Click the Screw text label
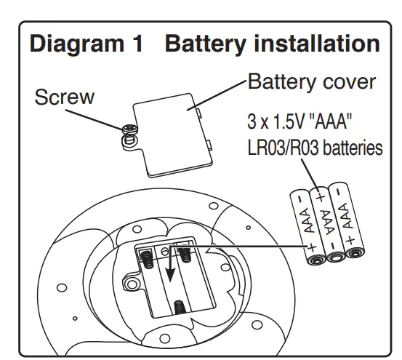pyautogui.click(x=65, y=97)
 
